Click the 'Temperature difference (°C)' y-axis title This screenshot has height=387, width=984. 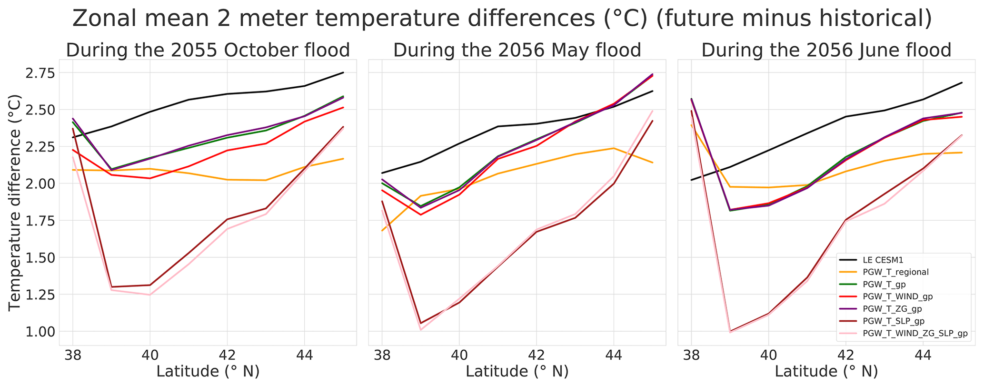(15, 202)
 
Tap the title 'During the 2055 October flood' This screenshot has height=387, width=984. (208, 51)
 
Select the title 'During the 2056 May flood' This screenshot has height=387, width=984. (517, 51)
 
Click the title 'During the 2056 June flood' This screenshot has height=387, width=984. (826, 51)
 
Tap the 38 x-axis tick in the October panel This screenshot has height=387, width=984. (72, 355)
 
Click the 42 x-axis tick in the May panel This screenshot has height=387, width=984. (536, 355)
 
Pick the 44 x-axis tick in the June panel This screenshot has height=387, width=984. (923, 355)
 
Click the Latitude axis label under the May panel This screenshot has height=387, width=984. (517, 372)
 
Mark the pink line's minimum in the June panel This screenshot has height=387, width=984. (730, 332)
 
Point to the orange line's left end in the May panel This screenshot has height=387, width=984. (382, 231)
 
